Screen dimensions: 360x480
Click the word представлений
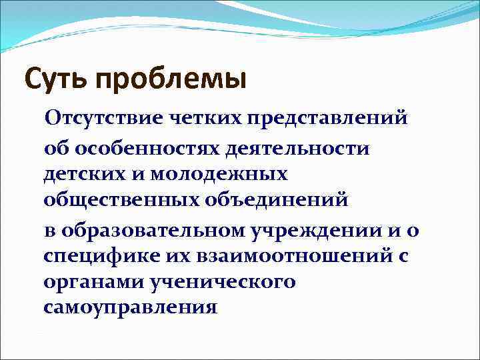pos(327,120)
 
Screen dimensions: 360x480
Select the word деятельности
pos(297,147)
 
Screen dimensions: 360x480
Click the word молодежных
pos(219,175)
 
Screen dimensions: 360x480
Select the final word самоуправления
pos(130,308)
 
